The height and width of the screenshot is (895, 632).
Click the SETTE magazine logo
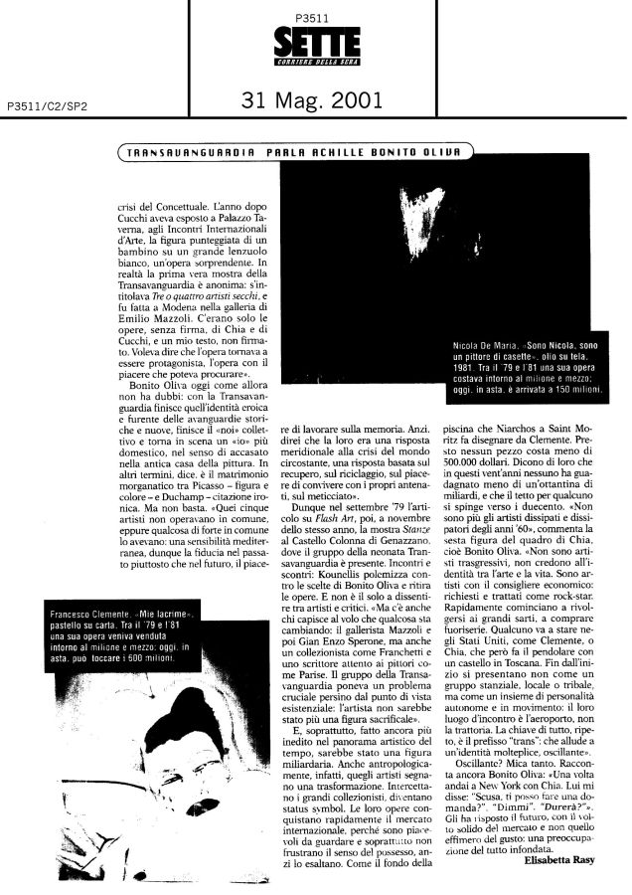tap(315, 46)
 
